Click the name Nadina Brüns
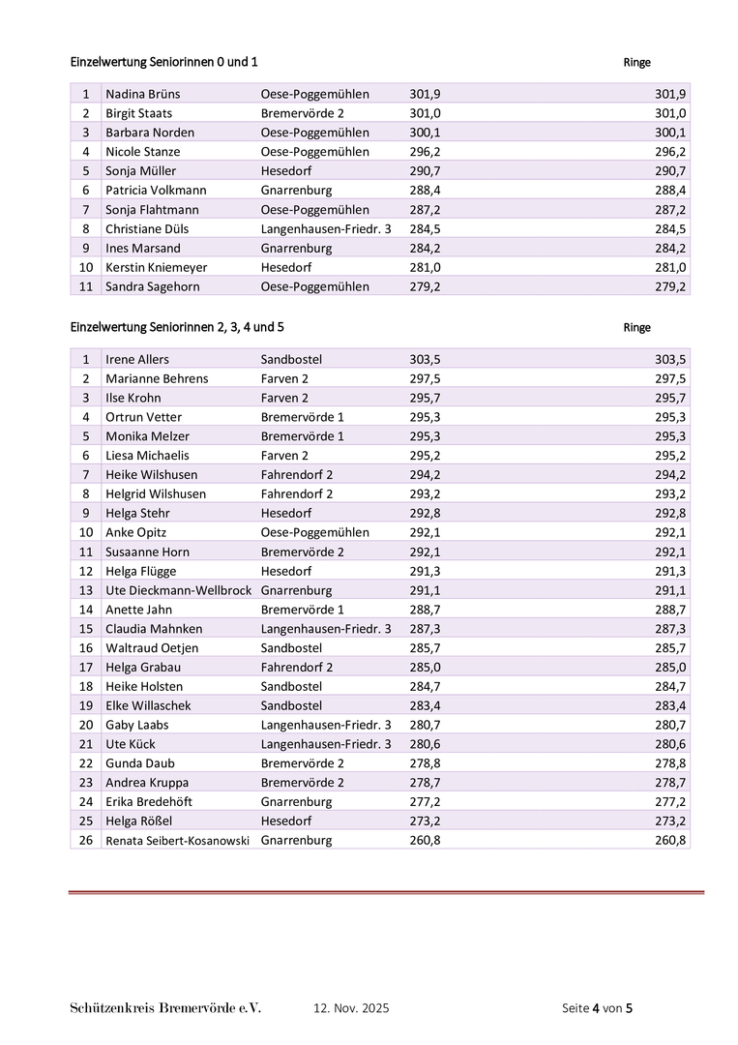pyautogui.click(x=142, y=94)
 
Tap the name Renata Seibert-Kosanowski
pyautogui.click(x=177, y=840)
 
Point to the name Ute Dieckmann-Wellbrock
pyautogui.click(x=178, y=590)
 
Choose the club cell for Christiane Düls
pyautogui.click(x=326, y=229)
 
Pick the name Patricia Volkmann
pyautogui.click(x=156, y=191)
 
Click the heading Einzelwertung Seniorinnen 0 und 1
pyautogui.click(x=163, y=62)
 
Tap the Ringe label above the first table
pyautogui.click(x=636, y=63)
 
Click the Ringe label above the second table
pyautogui.click(x=636, y=328)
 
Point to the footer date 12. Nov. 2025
pyautogui.click(x=351, y=1008)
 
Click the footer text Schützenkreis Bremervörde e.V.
pyautogui.click(x=165, y=1008)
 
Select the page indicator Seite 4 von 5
pyautogui.click(x=597, y=1008)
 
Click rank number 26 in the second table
pyautogui.click(x=85, y=840)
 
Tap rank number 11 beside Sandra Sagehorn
pyautogui.click(x=85, y=286)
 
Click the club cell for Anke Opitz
pyautogui.click(x=314, y=532)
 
